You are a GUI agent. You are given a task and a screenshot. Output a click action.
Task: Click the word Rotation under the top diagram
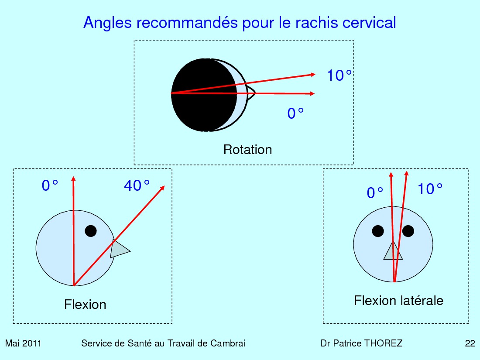coord(248,150)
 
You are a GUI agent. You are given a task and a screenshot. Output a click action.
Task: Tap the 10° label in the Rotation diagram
coord(339,75)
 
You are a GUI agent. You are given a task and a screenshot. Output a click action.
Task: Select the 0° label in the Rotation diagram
coord(295,113)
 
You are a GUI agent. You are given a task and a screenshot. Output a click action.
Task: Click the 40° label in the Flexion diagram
coord(137,185)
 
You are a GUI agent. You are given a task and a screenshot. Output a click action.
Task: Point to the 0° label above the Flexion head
coord(50,185)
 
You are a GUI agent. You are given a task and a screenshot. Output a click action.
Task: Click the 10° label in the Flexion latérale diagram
coord(430,189)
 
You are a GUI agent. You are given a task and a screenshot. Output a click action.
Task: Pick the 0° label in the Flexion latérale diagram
coord(375,193)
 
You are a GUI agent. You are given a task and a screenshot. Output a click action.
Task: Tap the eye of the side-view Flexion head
coord(91,231)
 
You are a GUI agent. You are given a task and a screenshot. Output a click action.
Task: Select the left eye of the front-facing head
coord(378,231)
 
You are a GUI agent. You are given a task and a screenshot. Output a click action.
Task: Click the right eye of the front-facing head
coord(408,231)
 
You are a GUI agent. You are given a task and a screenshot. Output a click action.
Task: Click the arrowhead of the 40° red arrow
coord(163,188)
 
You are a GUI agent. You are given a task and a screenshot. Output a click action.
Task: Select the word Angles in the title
coord(107,23)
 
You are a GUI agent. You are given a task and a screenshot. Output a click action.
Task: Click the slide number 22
coord(470,343)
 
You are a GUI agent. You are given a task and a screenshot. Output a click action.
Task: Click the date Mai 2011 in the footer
coord(23,343)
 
